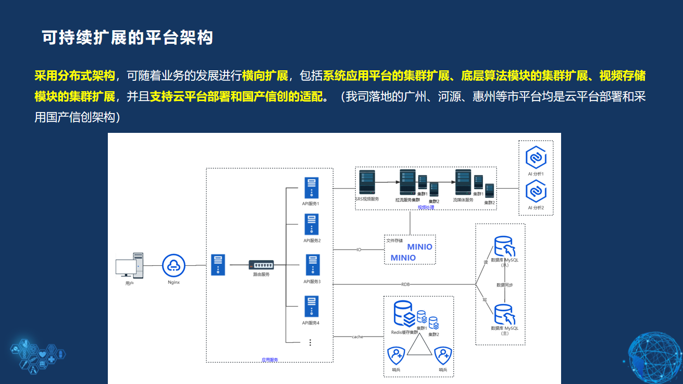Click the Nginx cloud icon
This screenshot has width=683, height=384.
(x=173, y=265)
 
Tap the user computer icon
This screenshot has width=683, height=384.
(x=129, y=265)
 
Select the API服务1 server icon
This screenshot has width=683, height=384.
(x=312, y=188)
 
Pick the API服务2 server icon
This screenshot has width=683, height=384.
(x=312, y=225)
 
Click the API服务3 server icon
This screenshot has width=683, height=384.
(x=312, y=265)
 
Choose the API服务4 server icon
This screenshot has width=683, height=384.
(x=312, y=306)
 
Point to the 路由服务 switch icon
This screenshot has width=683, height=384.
(x=260, y=265)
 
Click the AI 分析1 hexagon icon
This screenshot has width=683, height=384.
(x=536, y=157)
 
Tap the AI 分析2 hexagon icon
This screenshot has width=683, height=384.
(x=536, y=191)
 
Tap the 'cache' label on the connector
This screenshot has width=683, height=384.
(x=357, y=337)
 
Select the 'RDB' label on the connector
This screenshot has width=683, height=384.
(x=405, y=284)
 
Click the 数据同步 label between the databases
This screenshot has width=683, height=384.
(x=504, y=285)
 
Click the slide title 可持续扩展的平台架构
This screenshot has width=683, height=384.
(x=128, y=38)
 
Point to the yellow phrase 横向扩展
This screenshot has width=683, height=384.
(x=265, y=76)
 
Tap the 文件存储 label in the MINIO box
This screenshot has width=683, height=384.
(x=394, y=241)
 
